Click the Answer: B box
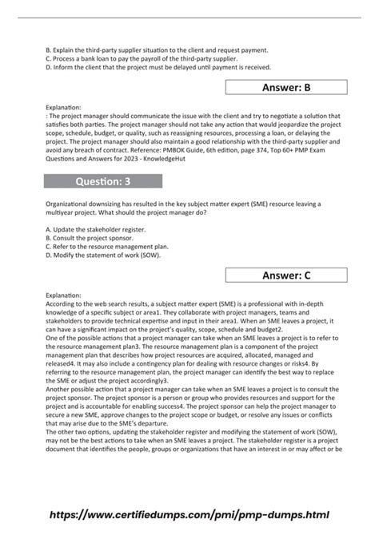pos(285,88)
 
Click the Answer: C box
pos(285,275)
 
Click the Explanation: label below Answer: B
pos(64,106)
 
